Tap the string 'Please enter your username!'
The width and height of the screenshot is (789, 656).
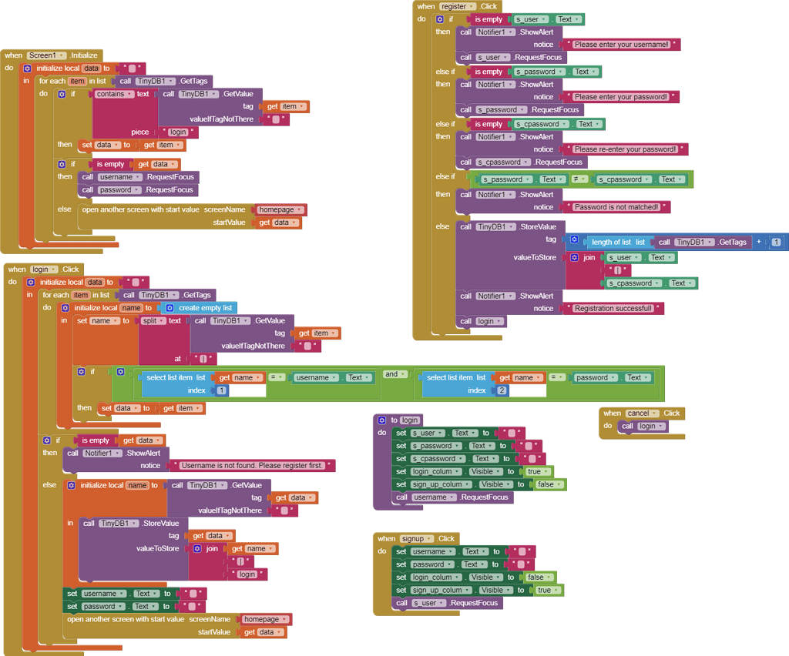point(621,45)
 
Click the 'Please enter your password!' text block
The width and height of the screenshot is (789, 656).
point(620,97)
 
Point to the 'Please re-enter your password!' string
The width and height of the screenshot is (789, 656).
point(625,149)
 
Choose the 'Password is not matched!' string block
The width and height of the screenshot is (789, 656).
point(616,207)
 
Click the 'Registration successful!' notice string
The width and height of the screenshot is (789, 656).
point(613,308)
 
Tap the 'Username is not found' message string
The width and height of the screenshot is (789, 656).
point(253,466)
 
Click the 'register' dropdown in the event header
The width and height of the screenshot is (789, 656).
point(455,6)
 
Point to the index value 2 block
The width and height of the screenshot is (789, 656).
point(502,390)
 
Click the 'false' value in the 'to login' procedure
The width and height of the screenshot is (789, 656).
point(548,484)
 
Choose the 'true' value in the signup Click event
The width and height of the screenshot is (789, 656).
point(546,590)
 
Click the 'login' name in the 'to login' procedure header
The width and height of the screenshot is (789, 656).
point(409,420)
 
